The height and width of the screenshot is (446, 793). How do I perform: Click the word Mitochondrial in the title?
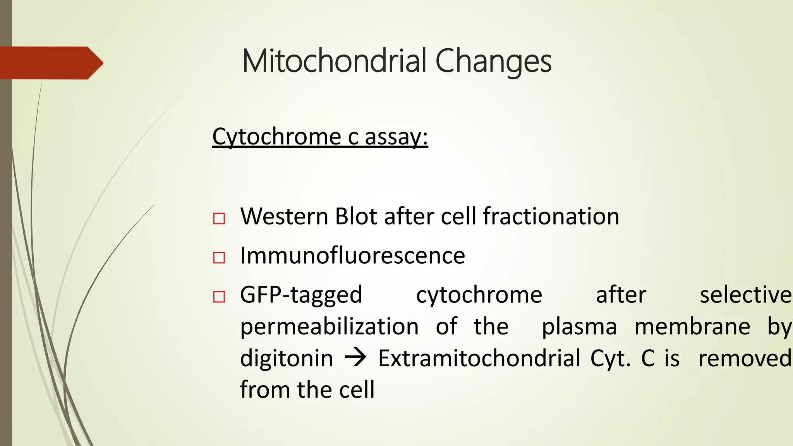pos(334,61)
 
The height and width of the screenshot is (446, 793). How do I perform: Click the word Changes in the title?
pos(493,62)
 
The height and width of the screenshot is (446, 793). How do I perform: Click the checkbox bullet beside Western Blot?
pos(219,218)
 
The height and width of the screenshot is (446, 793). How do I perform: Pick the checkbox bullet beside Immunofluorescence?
pos(219,257)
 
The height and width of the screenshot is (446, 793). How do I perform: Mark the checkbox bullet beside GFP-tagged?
pos(219,297)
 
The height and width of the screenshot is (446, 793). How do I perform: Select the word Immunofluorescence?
pos(352,256)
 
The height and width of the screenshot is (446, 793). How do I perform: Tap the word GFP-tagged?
pos(301,295)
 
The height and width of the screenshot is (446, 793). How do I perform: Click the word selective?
pos(745,295)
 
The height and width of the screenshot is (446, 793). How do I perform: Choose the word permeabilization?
pos(329,326)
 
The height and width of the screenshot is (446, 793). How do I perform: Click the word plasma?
pos(579,327)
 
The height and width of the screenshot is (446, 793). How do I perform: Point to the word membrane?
pos(692,326)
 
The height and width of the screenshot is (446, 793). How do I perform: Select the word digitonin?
pos(286,358)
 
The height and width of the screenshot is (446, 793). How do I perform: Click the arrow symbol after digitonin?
pos(355,358)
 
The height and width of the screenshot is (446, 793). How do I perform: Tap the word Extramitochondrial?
pos(479,358)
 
